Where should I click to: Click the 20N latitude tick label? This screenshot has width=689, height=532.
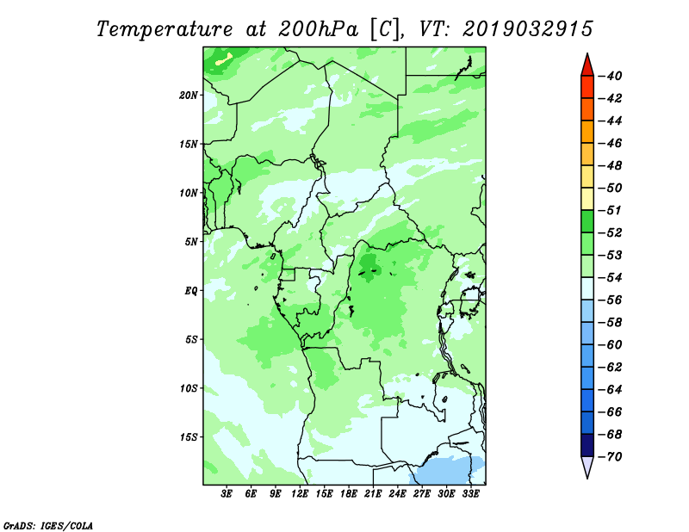189,96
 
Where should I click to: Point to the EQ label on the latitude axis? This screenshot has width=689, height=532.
191,291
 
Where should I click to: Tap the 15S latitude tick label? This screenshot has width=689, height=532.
189,437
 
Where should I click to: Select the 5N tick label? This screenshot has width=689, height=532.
191,242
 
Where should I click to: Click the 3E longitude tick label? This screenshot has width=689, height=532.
227,493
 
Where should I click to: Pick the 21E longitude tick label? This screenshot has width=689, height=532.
373,493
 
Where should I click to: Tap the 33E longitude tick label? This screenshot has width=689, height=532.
470,493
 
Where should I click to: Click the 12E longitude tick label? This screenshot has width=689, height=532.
300,493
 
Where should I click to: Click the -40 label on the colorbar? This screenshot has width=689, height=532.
611,76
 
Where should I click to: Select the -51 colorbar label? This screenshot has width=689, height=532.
611,210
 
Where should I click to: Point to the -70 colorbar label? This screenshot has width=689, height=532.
611,457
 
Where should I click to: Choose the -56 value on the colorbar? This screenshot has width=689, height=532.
611,300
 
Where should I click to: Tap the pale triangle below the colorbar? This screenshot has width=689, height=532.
587,466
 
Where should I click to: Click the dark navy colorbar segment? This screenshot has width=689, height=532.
587,445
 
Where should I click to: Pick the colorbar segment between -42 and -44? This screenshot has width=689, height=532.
587,109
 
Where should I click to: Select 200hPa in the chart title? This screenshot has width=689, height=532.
318,29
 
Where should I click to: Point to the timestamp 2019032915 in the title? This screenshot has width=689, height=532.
528,29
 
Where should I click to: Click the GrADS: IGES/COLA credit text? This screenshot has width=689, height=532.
48,525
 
